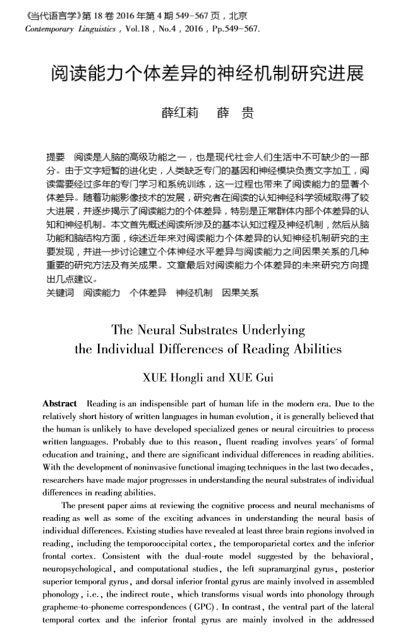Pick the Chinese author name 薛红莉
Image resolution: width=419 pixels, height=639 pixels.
point(179,113)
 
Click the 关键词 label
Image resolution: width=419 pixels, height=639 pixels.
point(60,293)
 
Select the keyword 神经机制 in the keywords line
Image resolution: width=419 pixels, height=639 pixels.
point(194,293)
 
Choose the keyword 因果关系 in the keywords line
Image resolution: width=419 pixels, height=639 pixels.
point(241,293)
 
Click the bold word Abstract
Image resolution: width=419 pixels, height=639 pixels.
point(59,404)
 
